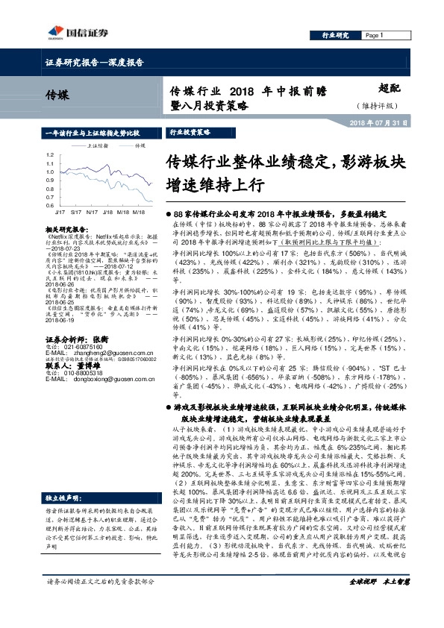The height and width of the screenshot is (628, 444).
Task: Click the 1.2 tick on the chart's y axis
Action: pos(49,155)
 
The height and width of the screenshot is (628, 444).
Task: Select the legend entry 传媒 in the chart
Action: pos(140,146)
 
